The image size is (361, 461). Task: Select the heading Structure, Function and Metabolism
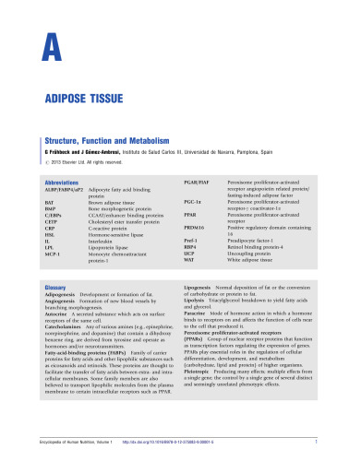pyautogui.click(x=115, y=138)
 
